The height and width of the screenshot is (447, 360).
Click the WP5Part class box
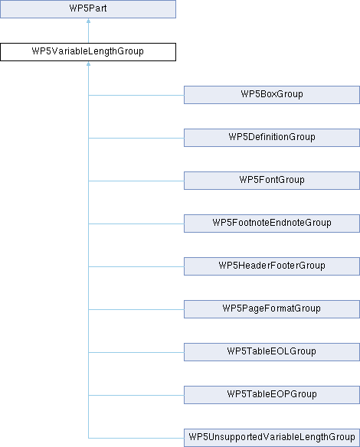coord(88,9)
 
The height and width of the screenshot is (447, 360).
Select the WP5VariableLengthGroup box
coord(88,52)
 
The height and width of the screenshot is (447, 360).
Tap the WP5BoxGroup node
coord(272,95)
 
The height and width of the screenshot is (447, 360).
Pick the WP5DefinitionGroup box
coord(272,138)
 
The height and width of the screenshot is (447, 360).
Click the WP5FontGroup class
coord(272,181)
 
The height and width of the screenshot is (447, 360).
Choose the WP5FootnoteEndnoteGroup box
coord(272,223)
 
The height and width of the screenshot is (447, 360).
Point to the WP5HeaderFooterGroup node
coord(272,266)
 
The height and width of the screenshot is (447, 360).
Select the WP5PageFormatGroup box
coord(272,309)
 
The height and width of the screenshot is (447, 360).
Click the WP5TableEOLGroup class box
coord(272,352)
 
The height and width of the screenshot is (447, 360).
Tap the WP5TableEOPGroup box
coord(272,395)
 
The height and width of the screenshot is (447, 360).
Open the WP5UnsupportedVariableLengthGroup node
coord(272,438)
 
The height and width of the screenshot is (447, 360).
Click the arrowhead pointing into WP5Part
coord(88,21)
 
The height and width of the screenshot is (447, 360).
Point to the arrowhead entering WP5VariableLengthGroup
coord(88,64)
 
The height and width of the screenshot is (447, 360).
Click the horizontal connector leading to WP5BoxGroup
coord(136,95)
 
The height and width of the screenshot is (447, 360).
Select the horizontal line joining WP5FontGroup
coord(136,181)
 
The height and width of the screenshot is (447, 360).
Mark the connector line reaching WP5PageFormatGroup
coord(136,309)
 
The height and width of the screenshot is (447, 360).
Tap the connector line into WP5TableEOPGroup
coord(136,395)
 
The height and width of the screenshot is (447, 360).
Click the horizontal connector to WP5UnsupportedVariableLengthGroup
coord(136,438)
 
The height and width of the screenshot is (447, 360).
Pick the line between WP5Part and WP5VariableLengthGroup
coord(88,31)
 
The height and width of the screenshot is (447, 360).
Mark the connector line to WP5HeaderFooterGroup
coord(136,266)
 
